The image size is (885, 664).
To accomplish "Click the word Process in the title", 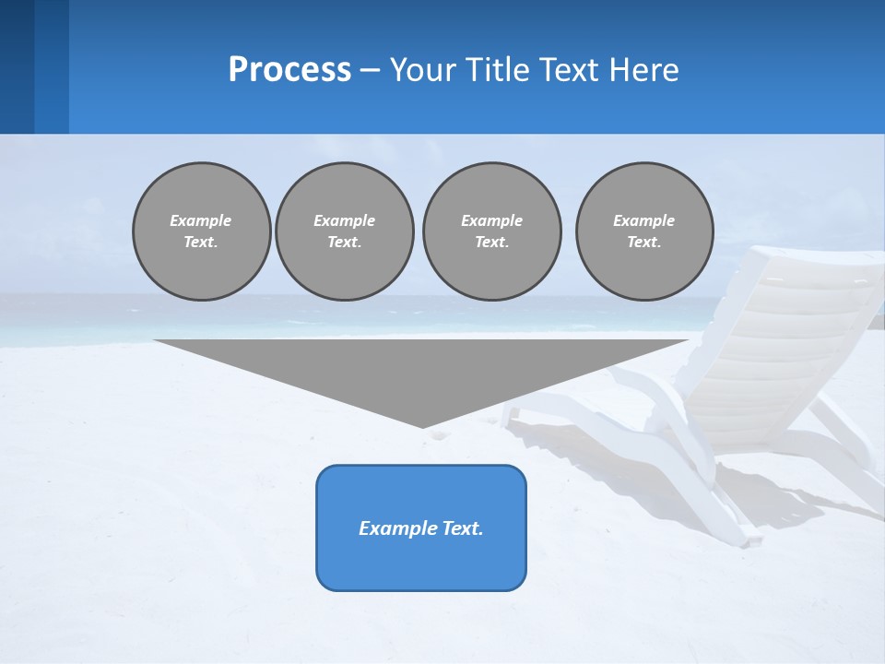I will (289, 70).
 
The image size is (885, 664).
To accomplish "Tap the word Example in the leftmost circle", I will (201, 220).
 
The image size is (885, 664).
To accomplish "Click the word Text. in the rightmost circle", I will (644, 242).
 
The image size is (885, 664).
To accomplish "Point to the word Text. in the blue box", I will (461, 528).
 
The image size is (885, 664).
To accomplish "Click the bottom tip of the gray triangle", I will (422, 426).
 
